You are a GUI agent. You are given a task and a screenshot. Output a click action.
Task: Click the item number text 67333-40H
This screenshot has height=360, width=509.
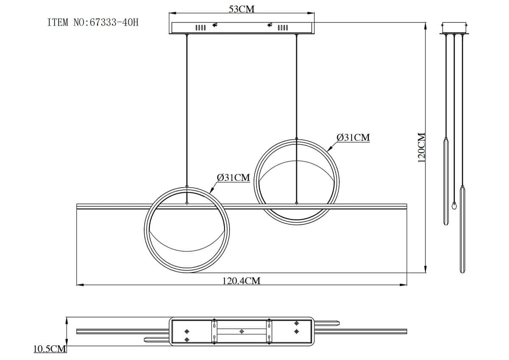tap(114, 22)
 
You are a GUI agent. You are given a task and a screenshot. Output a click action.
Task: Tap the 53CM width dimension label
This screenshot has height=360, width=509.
tap(241, 9)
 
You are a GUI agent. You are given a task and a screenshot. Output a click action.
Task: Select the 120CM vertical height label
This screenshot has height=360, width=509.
tap(422, 148)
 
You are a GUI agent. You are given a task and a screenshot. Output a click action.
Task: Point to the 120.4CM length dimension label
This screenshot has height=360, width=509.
tap(241, 281)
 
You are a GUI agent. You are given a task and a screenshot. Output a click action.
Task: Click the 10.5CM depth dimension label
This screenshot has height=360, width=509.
tap(50, 349)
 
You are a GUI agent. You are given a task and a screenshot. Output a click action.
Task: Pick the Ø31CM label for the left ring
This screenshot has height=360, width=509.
tap(233, 177)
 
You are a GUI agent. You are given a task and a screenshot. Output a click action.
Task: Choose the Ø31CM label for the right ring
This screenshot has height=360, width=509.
tap(353, 138)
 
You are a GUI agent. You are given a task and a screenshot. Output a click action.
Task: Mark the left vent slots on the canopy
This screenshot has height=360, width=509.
tap(201, 28)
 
